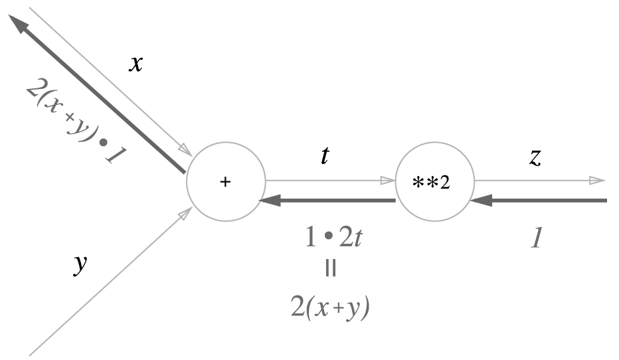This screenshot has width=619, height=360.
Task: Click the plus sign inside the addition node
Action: [225, 181]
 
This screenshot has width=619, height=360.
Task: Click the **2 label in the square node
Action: [432, 181]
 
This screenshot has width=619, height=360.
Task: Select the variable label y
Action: [80, 264]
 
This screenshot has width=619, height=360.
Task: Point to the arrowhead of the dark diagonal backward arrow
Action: [18, 25]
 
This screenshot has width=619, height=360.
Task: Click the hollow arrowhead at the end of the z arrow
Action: [597, 180]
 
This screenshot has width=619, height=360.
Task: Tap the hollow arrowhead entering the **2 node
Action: [388, 180]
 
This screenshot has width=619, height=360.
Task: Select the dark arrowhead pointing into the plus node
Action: [268, 200]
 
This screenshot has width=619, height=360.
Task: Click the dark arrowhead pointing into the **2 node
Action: [478, 200]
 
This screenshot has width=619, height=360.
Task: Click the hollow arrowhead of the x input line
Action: [185, 147]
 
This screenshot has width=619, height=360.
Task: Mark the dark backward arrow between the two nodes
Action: [332, 200]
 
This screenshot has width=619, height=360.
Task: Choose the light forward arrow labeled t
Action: [325, 180]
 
